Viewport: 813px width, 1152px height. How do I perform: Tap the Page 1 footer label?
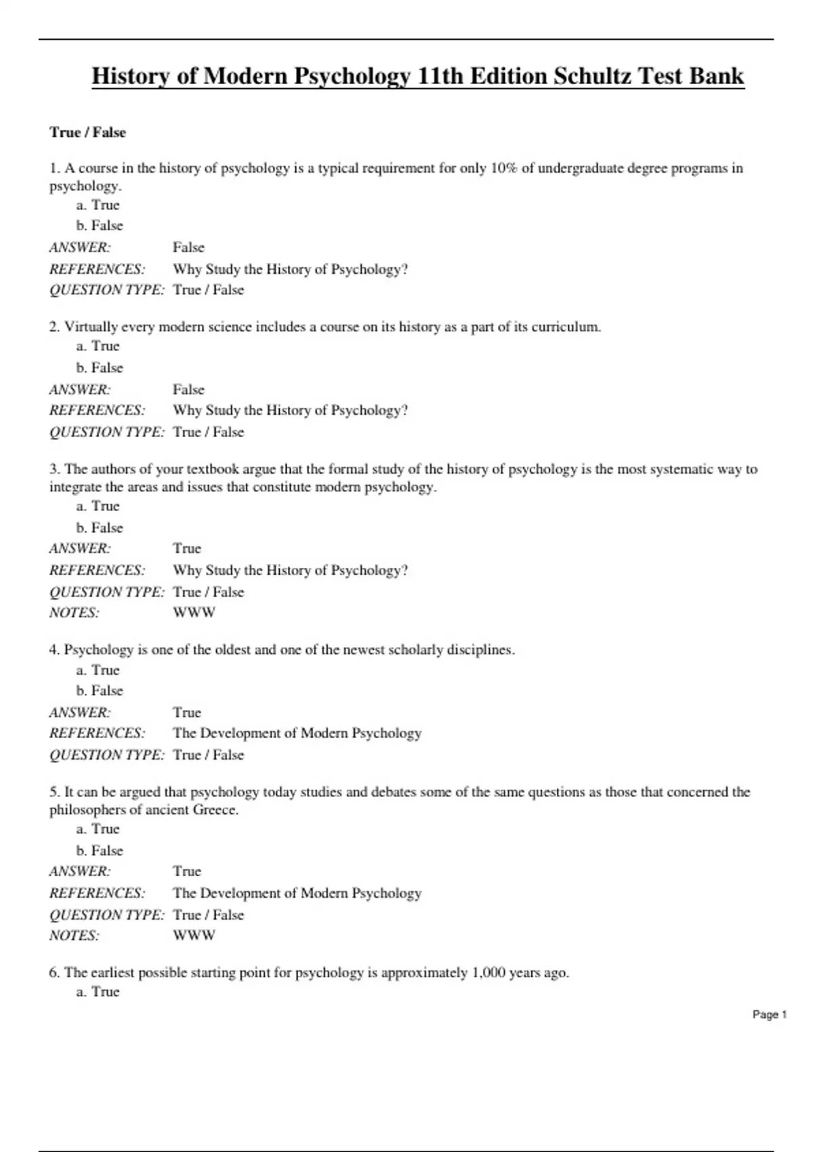pyautogui.click(x=769, y=1014)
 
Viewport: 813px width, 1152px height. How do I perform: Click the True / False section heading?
pyautogui.click(x=87, y=132)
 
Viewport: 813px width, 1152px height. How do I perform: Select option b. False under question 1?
pyautogui.click(x=100, y=226)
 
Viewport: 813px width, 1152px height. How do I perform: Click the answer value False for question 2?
pyautogui.click(x=188, y=390)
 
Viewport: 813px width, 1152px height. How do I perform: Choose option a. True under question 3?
pyautogui.click(x=98, y=506)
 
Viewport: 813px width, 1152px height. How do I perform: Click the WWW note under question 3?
pyautogui.click(x=194, y=613)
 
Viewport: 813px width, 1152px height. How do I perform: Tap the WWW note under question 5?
pyautogui.click(x=194, y=935)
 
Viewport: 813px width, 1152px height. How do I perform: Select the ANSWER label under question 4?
pyautogui.click(x=80, y=713)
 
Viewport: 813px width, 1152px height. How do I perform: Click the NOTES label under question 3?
pyautogui.click(x=74, y=613)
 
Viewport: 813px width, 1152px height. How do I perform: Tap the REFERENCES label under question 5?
pyautogui.click(x=97, y=893)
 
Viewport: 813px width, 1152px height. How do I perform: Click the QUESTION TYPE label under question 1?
pyautogui.click(x=106, y=290)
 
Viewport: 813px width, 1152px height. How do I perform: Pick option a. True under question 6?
pyautogui.click(x=98, y=992)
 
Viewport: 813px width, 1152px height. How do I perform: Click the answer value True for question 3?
pyautogui.click(x=187, y=548)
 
